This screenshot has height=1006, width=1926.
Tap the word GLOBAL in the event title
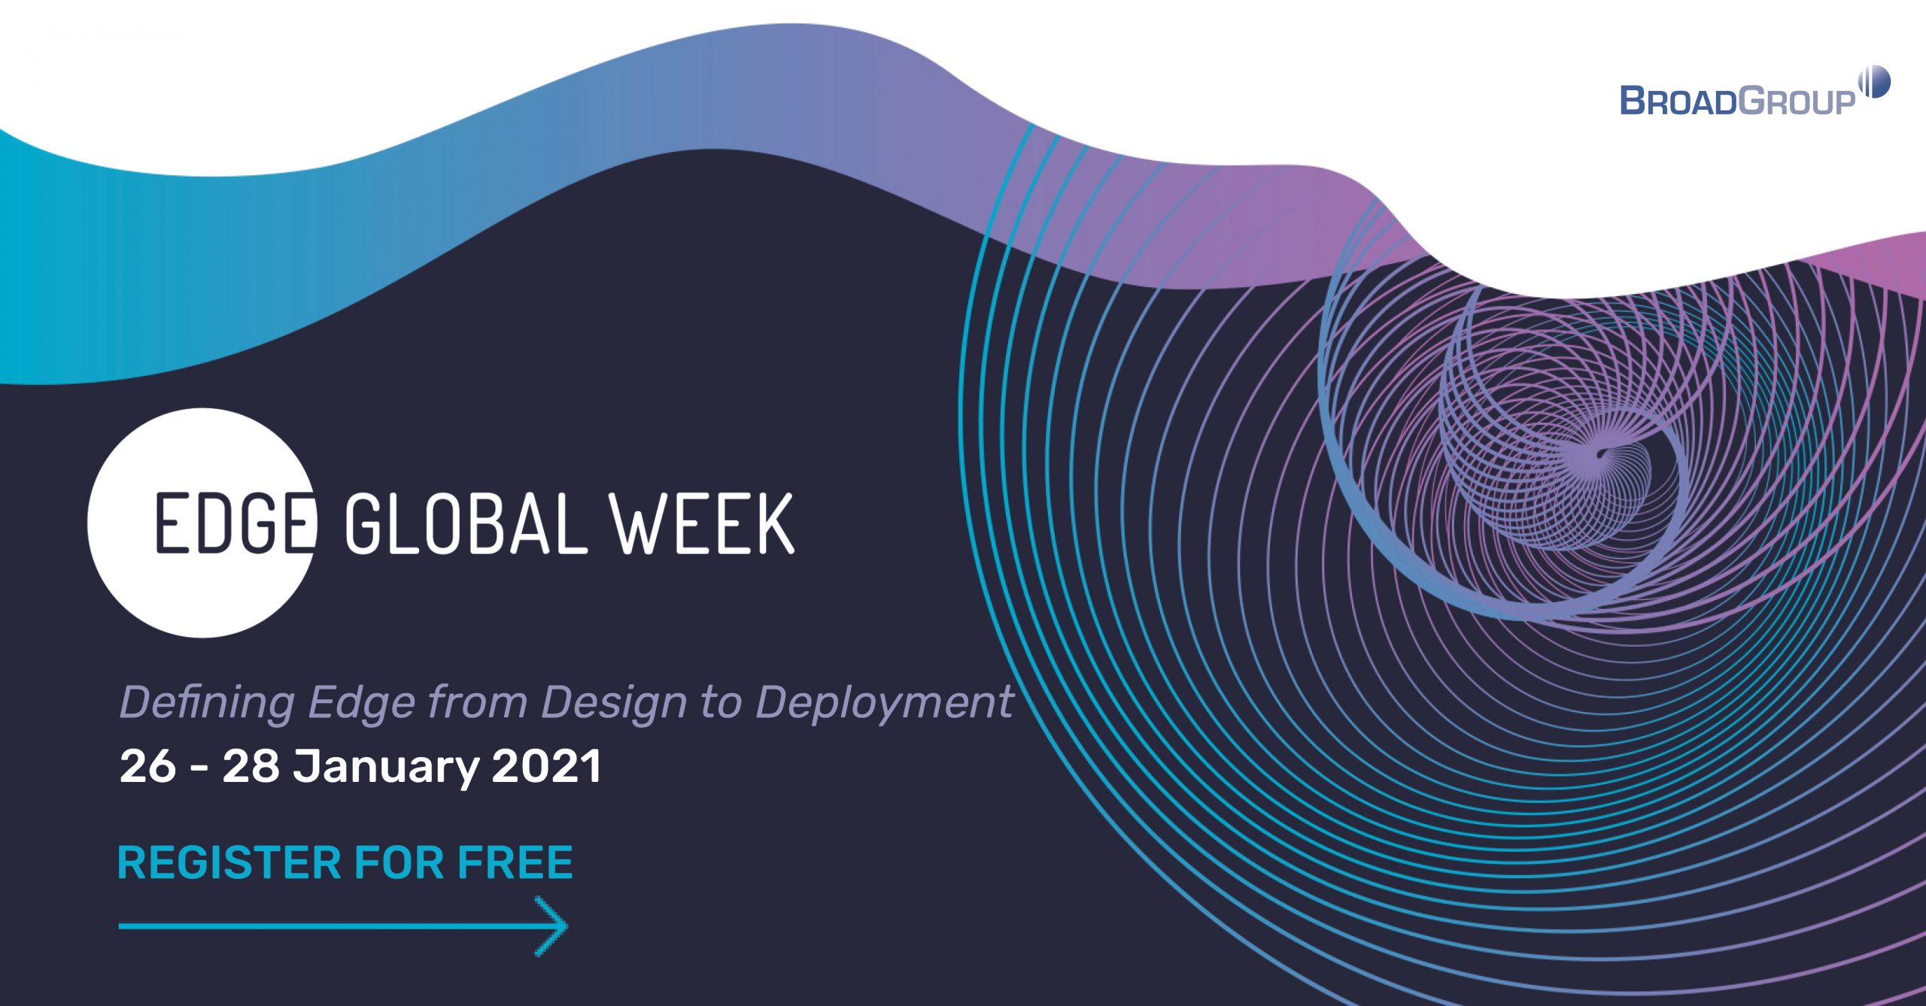point(465,523)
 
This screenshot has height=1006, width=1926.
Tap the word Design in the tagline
point(614,703)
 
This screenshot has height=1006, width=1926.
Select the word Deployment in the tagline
point(884,703)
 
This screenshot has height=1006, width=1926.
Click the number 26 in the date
point(148,767)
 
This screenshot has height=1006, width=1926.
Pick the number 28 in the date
point(251,767)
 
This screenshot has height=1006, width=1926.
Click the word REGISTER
point(229,862)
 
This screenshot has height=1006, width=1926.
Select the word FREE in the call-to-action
point(515,862)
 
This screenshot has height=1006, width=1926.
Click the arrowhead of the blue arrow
point(555,926)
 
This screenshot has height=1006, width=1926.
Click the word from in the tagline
point(477,703)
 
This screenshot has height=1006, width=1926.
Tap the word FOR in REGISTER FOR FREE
point(399,862)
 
